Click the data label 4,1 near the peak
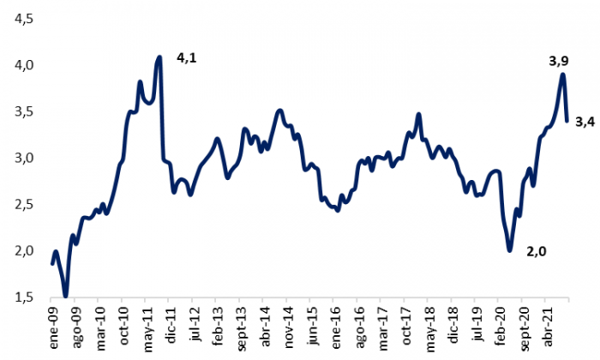[186, 57]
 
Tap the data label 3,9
[558, 62]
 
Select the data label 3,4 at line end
[585, 122]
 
